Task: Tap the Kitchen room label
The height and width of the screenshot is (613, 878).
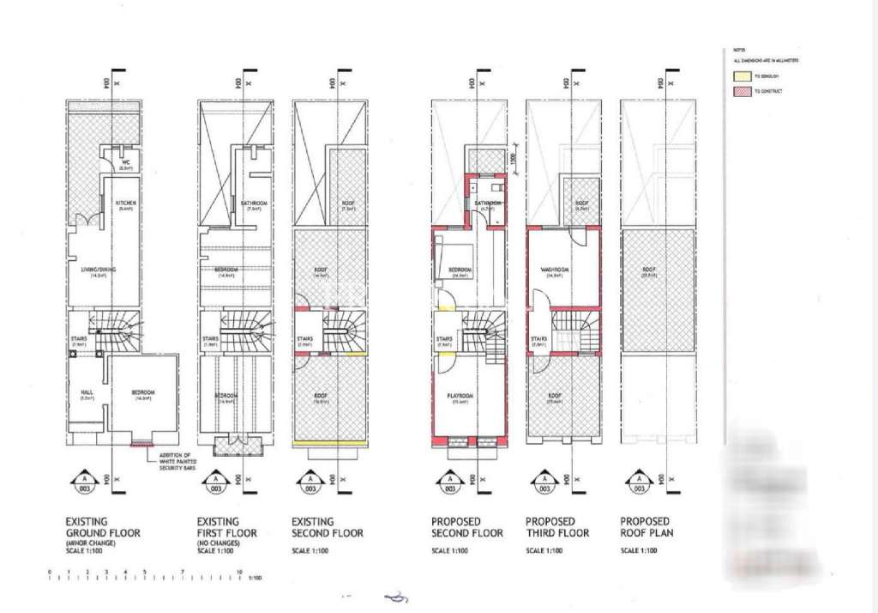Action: (126, 203)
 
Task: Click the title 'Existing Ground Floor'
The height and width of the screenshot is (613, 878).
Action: (102, 527)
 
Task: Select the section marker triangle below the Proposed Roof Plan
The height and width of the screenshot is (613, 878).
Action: (636, 482)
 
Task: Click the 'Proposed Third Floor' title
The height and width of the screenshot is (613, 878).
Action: (556, 527)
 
